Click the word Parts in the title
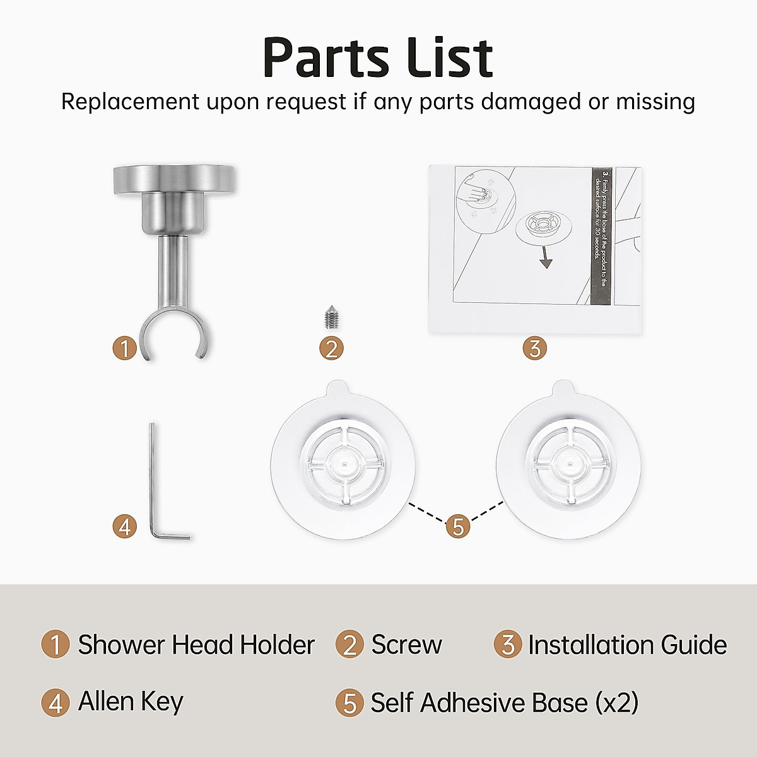(326, 58)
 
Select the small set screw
(330, 318)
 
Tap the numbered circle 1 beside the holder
(125, 348)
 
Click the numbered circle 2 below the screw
(331, 348)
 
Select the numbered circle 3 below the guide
(534, 348)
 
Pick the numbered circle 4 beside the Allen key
(125, 526)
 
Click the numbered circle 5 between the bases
(458, 525)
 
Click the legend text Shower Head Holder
(196, 645)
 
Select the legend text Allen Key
(131, 701)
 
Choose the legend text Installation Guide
(627, 645)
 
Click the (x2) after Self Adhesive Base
(617, 702)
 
